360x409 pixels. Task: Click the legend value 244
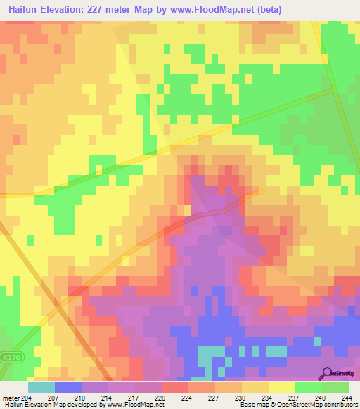348,398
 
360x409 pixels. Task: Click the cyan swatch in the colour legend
41,387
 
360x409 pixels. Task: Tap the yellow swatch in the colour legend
282,387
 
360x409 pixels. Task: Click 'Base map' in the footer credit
252,405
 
